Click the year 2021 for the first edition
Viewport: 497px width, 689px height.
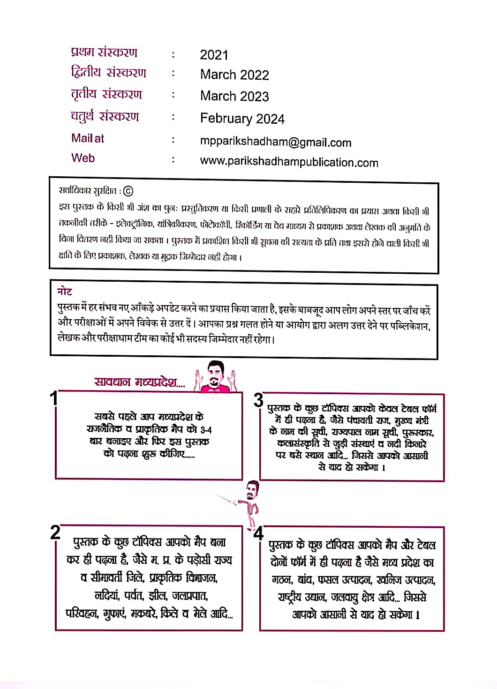pyautogui.click(x=214, y=55)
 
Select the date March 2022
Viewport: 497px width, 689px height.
pyautogui.click(x=234, y=75)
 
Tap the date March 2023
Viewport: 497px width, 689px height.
pyautogui.click(x=234, y=96)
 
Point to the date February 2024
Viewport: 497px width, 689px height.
pyautogui.click(x=242, y=119)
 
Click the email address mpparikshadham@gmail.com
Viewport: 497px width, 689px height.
pyautogui.click(x=275, y=142)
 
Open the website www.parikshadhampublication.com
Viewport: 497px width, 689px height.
pyautogui.click(x=289, y=162)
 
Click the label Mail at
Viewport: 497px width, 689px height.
pyautogui.click(x=88, y=138)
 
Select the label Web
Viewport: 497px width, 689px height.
pyautogui.click(x=83, y=158)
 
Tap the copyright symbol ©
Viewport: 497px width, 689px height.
pyautogui.click(x=128, y=191)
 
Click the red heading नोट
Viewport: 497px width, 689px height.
pyautogui.click(x=65, y=291)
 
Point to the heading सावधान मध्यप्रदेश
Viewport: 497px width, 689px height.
pyautogui.click(x=139, y=382)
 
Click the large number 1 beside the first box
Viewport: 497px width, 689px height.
pyautogui.click(x=54, y=398)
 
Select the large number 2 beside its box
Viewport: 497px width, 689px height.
pyautogui.click(x=55, y=532)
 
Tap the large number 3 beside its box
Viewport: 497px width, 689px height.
pyautogui.click(x=258, y=400)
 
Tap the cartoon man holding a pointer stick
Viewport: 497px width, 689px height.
pyautogui.click(x=251, y=502)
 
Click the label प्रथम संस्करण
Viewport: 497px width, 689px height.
pyautogui.click(x=104, y=52)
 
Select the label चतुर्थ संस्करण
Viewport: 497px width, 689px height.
pyautogui.click(x=105, y=116)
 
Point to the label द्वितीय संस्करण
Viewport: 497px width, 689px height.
pyautogui.click(x=108, y=73)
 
